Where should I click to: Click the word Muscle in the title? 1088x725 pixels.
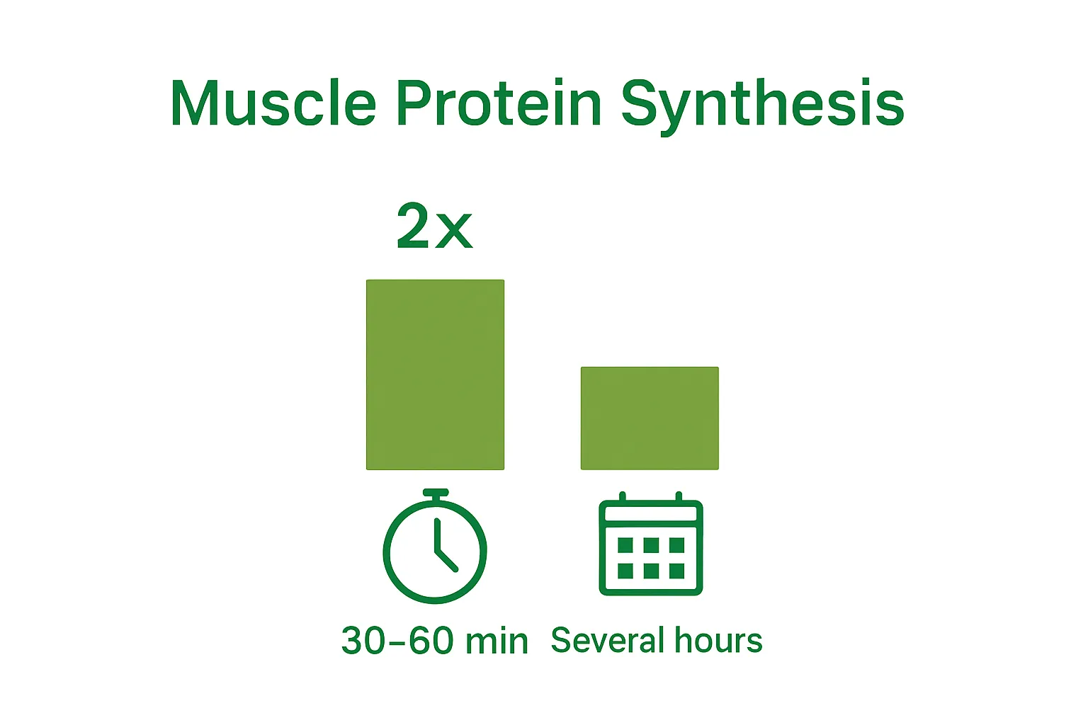tap(273, 103)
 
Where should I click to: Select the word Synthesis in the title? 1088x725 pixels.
tap(763, 106)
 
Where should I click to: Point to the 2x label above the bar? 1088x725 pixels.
tap(435, 226)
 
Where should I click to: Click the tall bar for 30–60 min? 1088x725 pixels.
tap(435, 375)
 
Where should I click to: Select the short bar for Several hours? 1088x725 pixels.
tap(650, 418)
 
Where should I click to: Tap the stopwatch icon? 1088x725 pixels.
tap(435, 546)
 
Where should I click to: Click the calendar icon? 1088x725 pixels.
tap(651, 544)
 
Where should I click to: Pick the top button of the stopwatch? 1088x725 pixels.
tap(435, 493)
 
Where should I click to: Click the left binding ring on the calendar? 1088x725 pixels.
tap(623, 496)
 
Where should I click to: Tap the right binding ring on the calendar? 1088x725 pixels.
tap(679, 496)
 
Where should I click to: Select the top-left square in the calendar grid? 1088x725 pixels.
tap(625, 545)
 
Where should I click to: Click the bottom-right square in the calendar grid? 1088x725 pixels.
tap(676, 571)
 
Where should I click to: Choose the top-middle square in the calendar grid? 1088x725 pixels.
tap(651, 545)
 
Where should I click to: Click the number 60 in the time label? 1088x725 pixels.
tap(431, 641)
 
